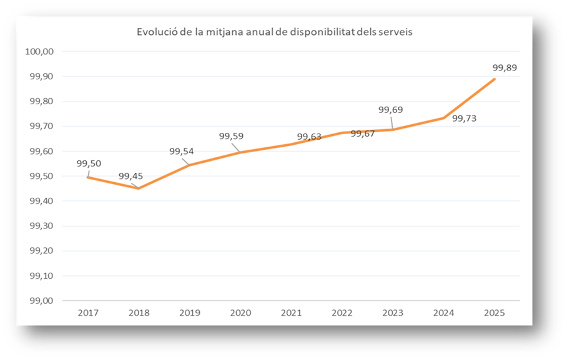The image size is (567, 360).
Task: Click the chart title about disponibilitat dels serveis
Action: pyautogui.click(x=275, y=32)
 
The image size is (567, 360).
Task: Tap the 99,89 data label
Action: pyautogui.click(x=505, y=67)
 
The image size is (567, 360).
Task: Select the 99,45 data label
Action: pyautogui.click(x=131, y=176)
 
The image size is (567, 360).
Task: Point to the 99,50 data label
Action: pyautogui.click(x=89, y=163)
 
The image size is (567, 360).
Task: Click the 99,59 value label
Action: pyautogui.click(x=231, y=136)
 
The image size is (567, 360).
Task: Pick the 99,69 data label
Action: pyautogui.click(x=390, y=110)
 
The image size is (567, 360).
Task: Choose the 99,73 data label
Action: pyautogui.click(x=464, y=117)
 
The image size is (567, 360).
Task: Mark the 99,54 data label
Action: pyautogui.click(x=182, y=151)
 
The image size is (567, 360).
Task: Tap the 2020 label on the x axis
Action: pyautogui.click(x=240, y=313)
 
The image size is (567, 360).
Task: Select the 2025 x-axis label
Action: pyautogui.click(x=494, y=313)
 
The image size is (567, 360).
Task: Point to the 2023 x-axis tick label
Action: pyautogui.click(x=393, y=313)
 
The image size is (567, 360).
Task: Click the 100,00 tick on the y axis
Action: pyautogui.click(x=39, y=51)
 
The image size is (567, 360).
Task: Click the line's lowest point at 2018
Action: pyautogui.click(x=139, y=188)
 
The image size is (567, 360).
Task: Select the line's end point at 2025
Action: pyautogui.click(x=495, y=79)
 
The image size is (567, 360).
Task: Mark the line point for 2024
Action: pyautogui.click(x=444, y=118)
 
